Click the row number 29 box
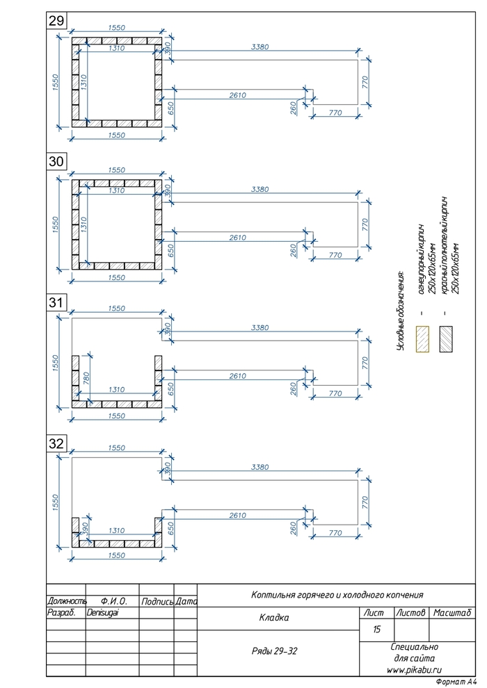coord(56,21)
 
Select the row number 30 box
coord(56,161)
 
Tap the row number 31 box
coord(56,302)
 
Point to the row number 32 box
coord(56,443)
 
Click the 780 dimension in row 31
coord(86,379)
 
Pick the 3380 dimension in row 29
coord(260,47)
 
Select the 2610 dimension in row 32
coord(237,515)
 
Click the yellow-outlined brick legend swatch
coord(422,338)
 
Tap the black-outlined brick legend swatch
coord(446,338)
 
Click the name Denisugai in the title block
coord(102,612)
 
